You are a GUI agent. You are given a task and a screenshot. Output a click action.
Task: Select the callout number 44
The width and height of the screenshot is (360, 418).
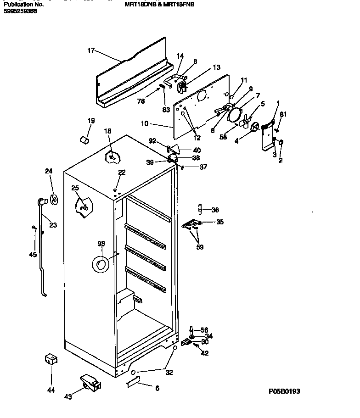51,390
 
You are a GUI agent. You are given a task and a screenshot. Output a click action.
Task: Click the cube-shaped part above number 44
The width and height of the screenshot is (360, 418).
51,359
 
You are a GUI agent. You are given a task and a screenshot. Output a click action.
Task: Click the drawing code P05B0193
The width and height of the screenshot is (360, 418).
287,391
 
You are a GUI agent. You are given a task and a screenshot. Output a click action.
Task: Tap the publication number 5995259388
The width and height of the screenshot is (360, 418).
20,11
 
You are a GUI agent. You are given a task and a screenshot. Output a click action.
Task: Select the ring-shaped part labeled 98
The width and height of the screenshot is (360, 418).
101,264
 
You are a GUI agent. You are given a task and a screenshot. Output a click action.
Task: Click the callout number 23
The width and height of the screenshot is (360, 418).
53,225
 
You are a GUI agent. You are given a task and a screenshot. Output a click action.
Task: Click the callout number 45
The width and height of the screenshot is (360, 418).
33,255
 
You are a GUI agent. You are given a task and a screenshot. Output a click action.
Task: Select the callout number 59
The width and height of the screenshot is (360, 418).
199,247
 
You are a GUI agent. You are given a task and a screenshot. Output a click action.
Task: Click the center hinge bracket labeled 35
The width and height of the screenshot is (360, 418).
192,224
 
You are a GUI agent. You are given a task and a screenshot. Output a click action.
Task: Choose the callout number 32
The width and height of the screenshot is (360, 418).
169,372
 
